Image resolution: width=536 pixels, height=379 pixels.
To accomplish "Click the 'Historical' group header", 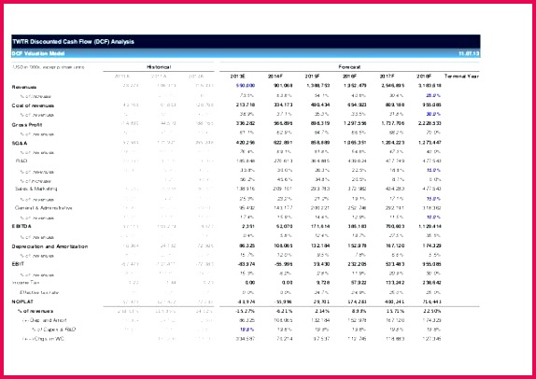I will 159,67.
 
